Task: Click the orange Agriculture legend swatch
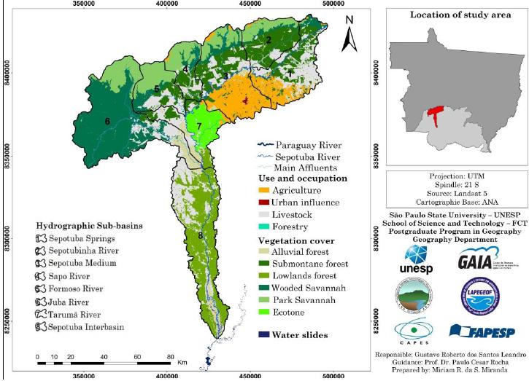pyautogui.click(x=264, y=189)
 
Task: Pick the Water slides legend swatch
pyautogui.click(x=264, y=334)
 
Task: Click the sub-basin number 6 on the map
pyautogui.click(x=107, y=121)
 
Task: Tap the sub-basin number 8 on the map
pyautogui.click(x=199, y=235)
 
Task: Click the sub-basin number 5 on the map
pyautogui.click(x=156, y=89)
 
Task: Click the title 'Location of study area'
pyautogui.click(x=450, y=15)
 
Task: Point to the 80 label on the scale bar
pyautogui.click(x=170, y=356)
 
